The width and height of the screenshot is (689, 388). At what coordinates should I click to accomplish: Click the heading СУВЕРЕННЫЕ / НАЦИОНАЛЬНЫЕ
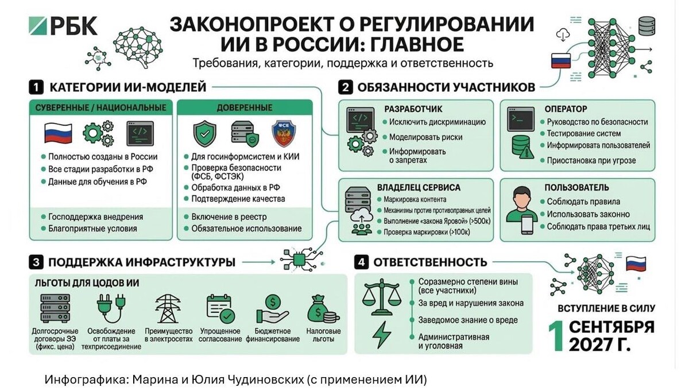point(101,107)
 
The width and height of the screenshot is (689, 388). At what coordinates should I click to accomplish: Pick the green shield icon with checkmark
point(204,134)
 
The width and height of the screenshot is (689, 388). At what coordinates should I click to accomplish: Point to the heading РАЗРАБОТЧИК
point(413,108)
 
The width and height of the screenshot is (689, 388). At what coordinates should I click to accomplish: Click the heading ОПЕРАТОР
point(567,108)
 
